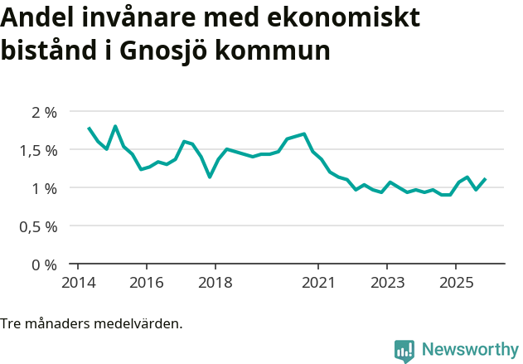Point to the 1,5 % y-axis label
(38, 150)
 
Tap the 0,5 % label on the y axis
(38, 226)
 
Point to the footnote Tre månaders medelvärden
(91, 323)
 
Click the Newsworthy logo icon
(404, 351)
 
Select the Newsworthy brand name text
(469, 350)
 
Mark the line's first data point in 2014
(89, 128)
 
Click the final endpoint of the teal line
(485, 178)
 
